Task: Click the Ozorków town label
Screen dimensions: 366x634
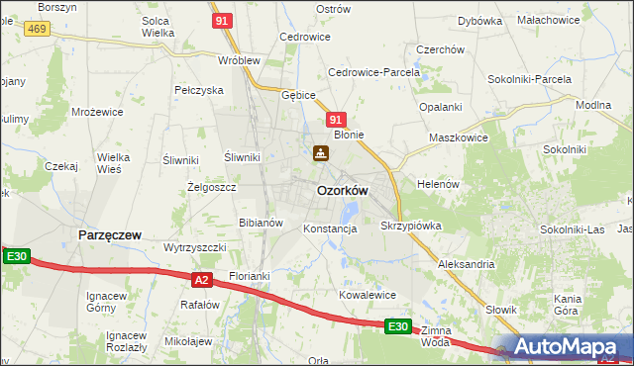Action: click(x=342, y=190)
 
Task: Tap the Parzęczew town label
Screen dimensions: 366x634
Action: click(x=109, y=235)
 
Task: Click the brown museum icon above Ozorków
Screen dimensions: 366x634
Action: click(x=320, y=153)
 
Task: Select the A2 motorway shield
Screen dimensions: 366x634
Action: click(x=202, y=280)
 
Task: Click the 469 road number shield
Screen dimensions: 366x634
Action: click(x=38, y=30)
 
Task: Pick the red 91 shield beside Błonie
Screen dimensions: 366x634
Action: click(x=336, y=119)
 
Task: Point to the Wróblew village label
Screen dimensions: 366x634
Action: click(x=239, y=59)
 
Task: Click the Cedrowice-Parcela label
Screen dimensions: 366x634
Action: click(x=370, y=72)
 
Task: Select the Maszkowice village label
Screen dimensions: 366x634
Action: click(x=458, y=137)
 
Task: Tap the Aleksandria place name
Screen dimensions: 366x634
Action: click(x=466, y=265)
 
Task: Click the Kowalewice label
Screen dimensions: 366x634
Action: click(x=368, y=295)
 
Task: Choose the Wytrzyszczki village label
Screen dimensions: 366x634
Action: click(x=195, y=247)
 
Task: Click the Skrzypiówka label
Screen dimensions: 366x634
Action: click(x=410, y=226)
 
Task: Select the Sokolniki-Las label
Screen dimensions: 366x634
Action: click(x=572, y=229)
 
